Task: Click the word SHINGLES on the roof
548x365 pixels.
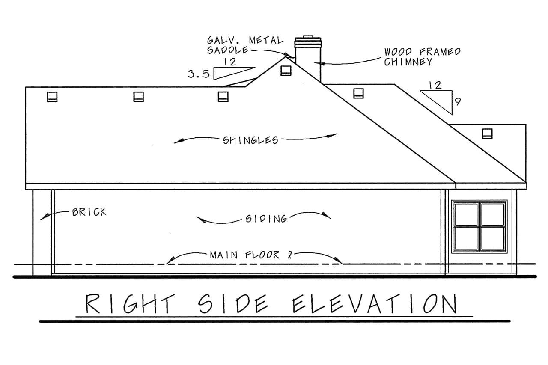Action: tap(250, 140)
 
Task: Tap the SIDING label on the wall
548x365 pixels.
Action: tap(266, 219)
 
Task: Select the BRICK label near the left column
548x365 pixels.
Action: tap(89, 212)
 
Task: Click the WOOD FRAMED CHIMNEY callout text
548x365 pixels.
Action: tap(422, 56)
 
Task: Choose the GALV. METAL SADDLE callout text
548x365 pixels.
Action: tap(245, 45)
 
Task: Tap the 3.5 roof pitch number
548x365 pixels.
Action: tap(198, 74)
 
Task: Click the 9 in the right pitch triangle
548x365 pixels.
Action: tap(457, 102)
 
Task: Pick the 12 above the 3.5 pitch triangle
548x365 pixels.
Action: tap(230, 62)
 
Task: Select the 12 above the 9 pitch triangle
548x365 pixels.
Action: tap(435, 85)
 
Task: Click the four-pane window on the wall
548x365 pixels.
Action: tap(479, 226)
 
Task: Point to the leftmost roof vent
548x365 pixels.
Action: tap(52, 97)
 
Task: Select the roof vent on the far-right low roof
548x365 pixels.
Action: tap(487, 134)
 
